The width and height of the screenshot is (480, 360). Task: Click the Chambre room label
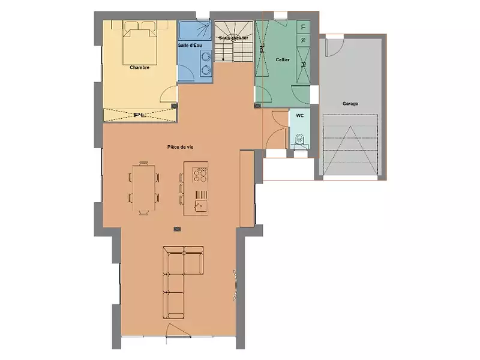pyautogui.click(x=139, y=68)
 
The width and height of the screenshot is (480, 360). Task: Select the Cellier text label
pyautogui.click(x=283, y=60)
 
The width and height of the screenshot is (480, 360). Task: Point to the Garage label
pyautogui.click(x=350, y=104)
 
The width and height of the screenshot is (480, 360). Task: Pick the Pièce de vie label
pyautogui.click(x=180, y=147)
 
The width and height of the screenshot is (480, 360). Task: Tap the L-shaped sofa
pyautogui.click(x=180, y=279)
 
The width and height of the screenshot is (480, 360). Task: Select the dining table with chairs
pyautogui.click(x=144, y=187)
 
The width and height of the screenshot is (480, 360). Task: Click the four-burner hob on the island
pyautogui.click(x=200, y=174)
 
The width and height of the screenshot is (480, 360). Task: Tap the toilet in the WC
pyautogui.click(x=299, y=141)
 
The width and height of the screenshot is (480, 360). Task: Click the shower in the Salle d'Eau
pyautogui.click(x=195, y=30)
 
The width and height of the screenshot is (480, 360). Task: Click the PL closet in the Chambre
pyautogui.click(x=139, y=115)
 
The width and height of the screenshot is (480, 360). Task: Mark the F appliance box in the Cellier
pyautogui.click(x=303, y=27)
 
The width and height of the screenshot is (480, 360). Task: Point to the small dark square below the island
pyautogui.click(x=177, y=228)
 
